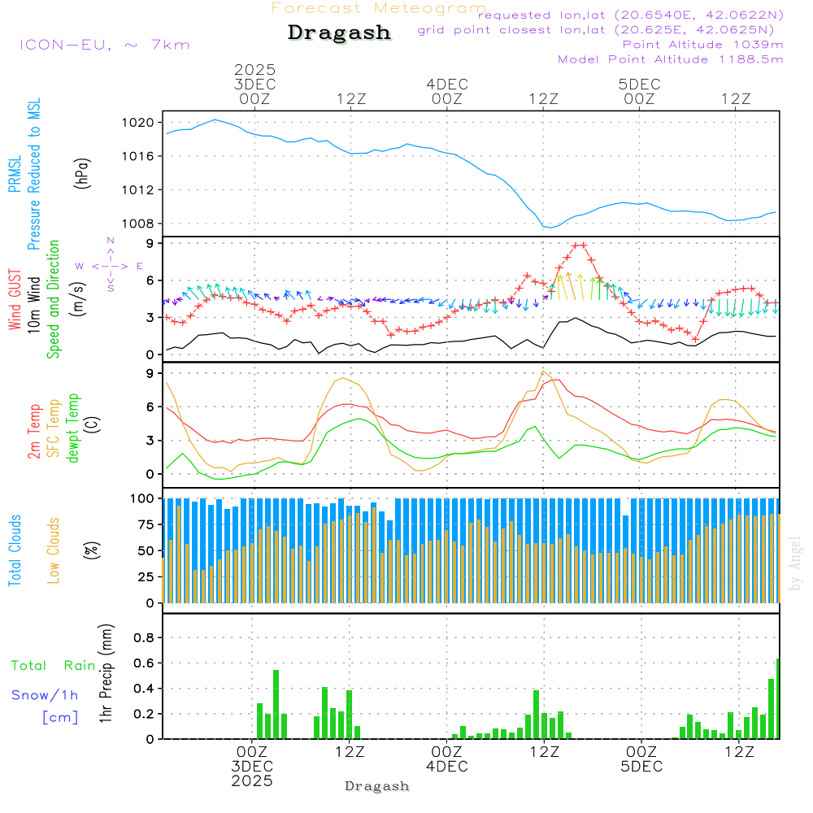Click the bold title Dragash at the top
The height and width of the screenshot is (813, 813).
(339, 33)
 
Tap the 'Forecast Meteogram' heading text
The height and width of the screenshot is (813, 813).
(379, 8)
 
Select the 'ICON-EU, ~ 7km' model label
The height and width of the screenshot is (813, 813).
(104, 44)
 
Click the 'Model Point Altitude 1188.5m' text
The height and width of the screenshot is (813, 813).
(671, 59)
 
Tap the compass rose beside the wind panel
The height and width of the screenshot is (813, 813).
(111, 266)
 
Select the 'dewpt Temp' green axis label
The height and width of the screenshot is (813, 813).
(73, 428)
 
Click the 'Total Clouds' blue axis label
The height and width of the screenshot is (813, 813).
(15, 550)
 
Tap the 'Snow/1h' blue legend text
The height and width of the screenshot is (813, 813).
(45, 695)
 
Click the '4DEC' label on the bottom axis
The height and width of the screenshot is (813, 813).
(446, 766)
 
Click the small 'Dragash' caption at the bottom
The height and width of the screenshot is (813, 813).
(377, 786)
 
